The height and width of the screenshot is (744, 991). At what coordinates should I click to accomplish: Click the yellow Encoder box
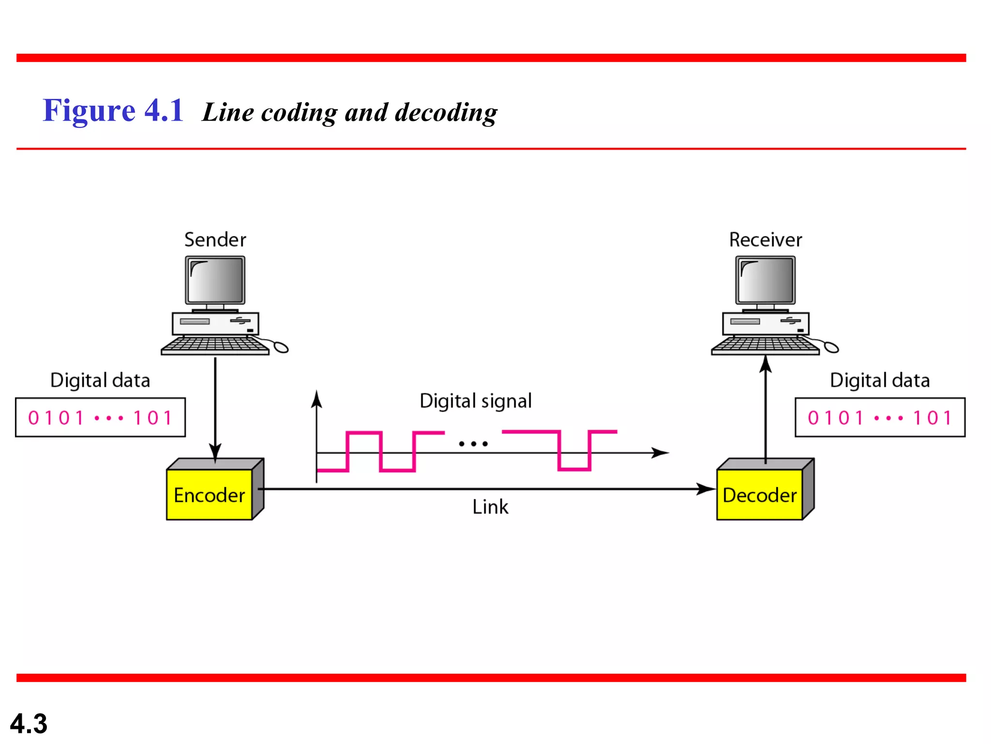click(x=209, y=495)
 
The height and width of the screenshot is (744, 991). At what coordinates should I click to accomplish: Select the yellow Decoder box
click(x=759, y=495)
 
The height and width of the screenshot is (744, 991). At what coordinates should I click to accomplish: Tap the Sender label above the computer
click(x=215, y=240)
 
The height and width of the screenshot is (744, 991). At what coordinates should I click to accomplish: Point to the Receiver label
click(x=766, y=240)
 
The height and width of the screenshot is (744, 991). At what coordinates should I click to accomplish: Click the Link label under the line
click(x=490, y=507)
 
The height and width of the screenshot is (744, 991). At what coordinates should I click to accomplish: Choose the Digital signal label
click(x=476, y=401)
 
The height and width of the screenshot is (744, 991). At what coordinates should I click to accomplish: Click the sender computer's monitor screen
click(x=215, y=280)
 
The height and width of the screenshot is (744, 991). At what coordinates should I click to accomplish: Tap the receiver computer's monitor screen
click(x=766, y=280)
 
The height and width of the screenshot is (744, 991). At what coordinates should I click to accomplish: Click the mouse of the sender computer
click(x=281, y=347)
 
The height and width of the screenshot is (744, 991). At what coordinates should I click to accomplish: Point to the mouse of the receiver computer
click(x=831, y=347)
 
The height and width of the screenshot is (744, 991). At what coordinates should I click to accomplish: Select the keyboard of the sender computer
click(x=215, y=345)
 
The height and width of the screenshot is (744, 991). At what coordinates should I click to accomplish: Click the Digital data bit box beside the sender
click(x=100, y=418)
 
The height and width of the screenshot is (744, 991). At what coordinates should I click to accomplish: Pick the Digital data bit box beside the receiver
click(x=880, y=418)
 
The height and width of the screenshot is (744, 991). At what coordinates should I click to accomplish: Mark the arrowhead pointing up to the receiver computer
click(x=766, y=364)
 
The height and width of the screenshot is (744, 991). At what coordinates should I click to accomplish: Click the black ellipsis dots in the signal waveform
click(x=473, y=443)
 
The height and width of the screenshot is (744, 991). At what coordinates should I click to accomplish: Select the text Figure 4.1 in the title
click(x=113, y=110)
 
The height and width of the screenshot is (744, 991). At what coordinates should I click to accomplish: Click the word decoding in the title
click(x=446, y=112)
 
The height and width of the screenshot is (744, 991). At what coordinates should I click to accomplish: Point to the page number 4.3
click(x=29, y=724)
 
